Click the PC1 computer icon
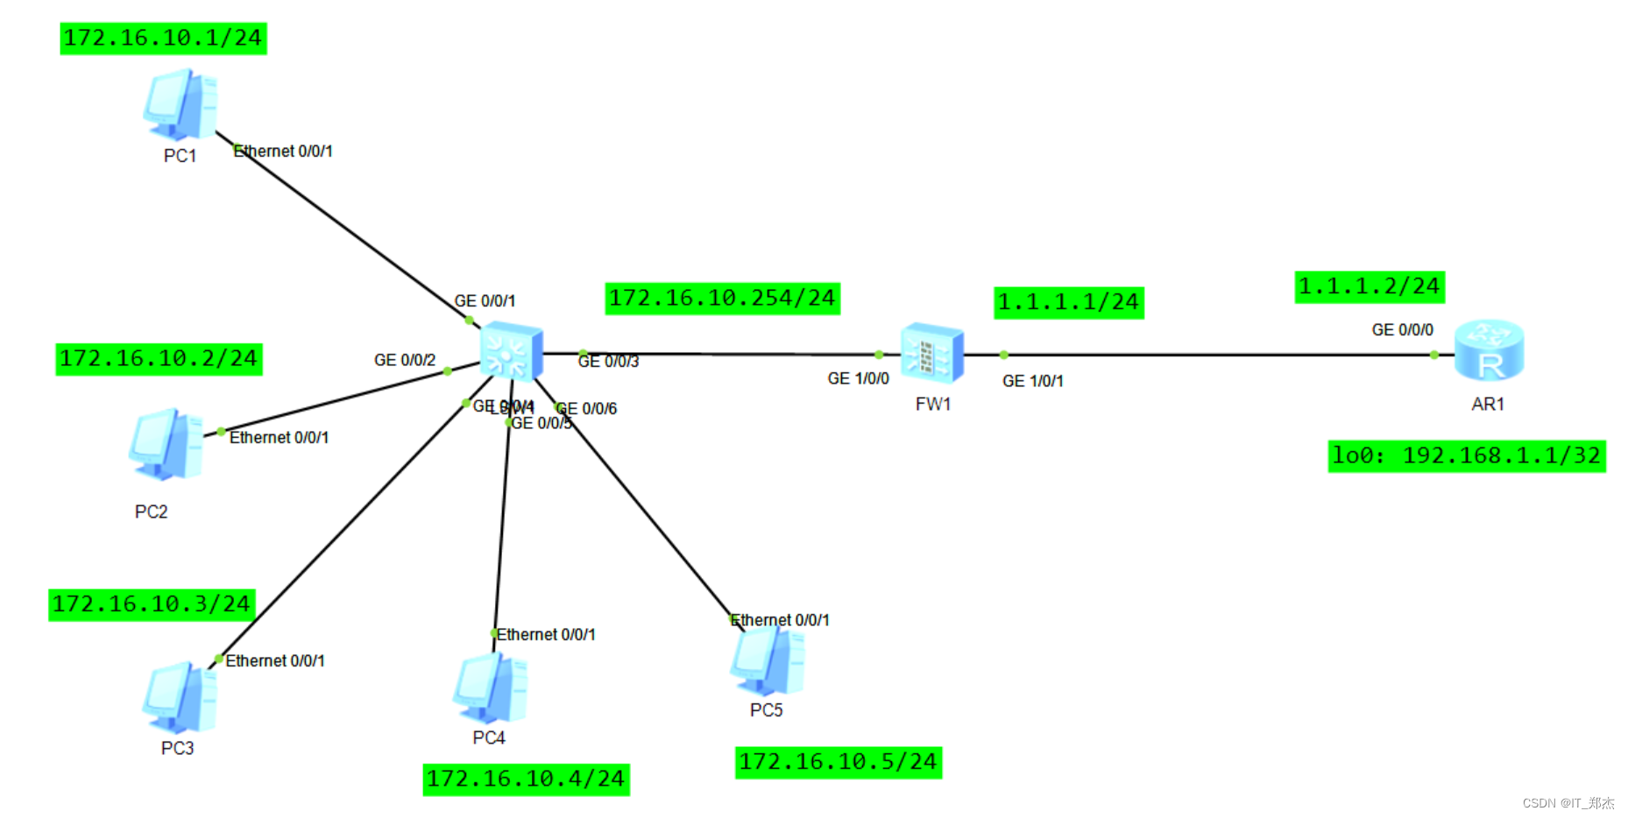tap(180, 106)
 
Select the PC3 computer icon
tap(180, 698)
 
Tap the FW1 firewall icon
tap(932, 354)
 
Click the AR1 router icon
tap(1489, 350)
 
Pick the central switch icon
tap(512, 351)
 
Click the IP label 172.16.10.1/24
tap(163, 39)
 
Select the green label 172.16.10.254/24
tap(722, 299)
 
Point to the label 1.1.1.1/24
tap(1068, 303)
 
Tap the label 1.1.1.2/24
tap(1369, 287)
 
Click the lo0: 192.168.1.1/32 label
tap(1466, 456)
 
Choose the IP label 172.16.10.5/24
tap(838, 762)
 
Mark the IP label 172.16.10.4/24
tap(526, 779)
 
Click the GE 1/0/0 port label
tap(858, 378)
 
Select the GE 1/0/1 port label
tap(1032, 381)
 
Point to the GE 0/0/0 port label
tap(1402, 330)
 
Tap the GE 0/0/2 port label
tap(404, 360)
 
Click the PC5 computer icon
tap(768, 661)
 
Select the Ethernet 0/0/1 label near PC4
tap(546, 635)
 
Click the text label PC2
tap(151, 511)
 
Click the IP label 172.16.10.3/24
tap(152, 604)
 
